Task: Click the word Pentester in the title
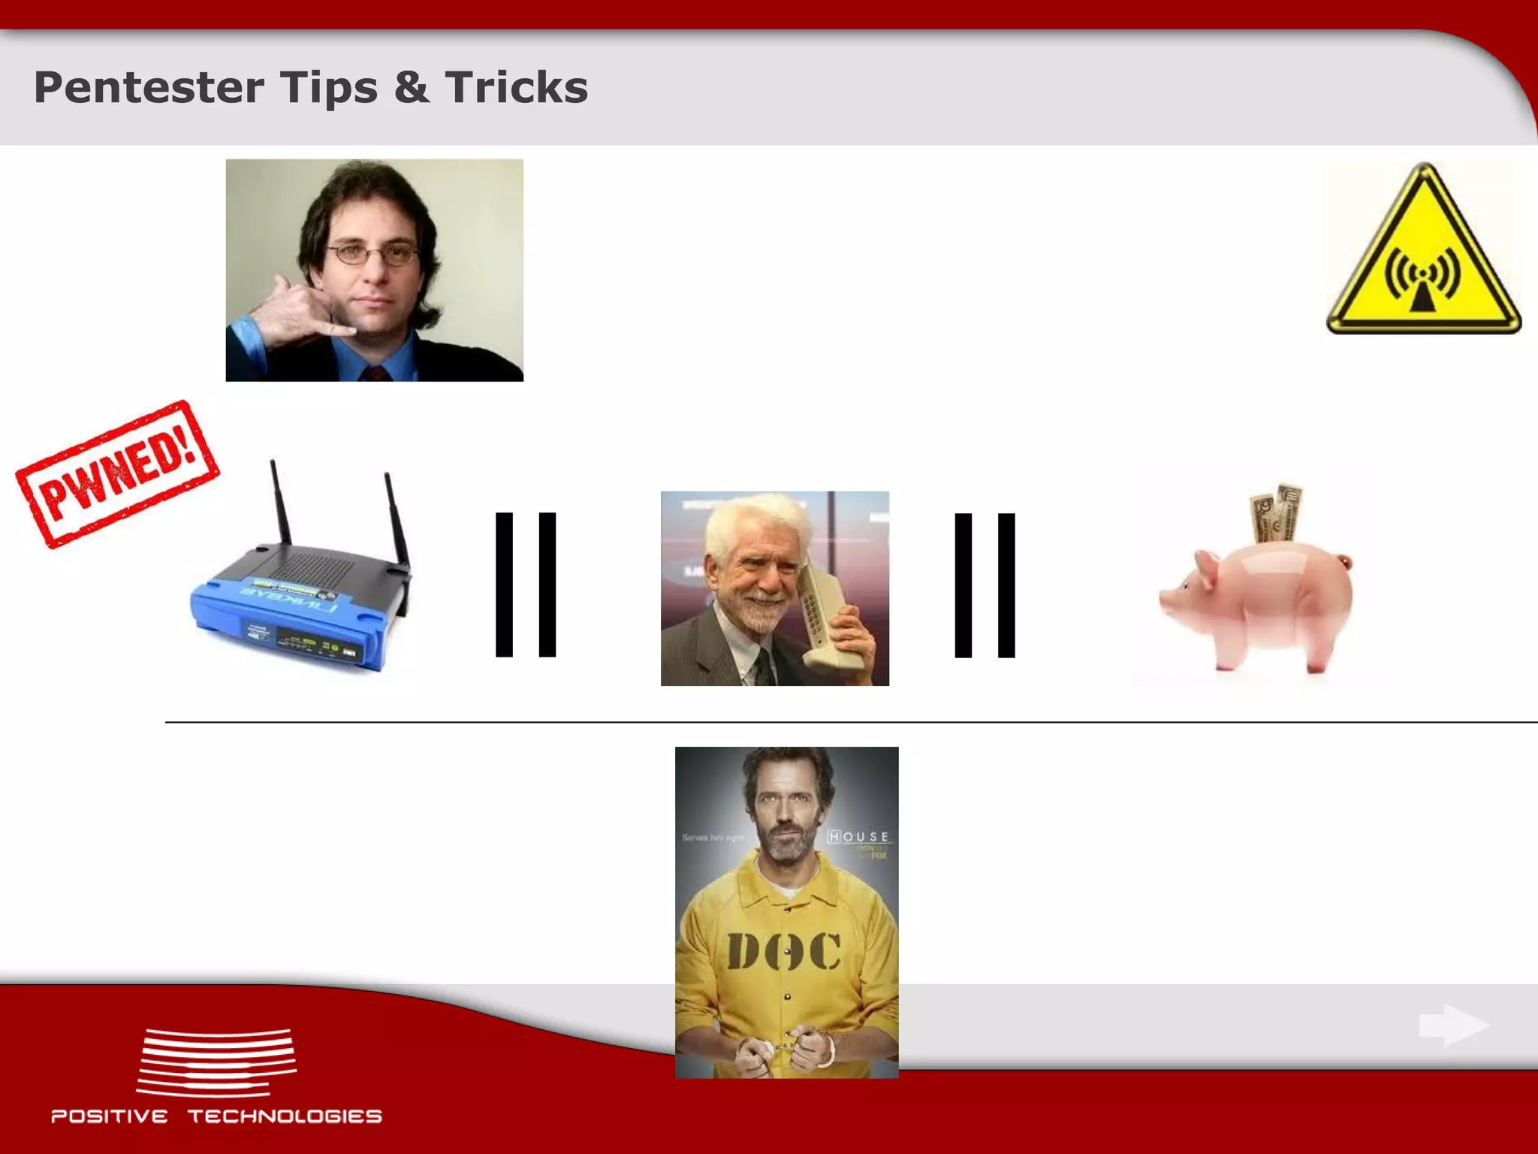pos(149,88)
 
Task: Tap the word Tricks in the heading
pos(516,88)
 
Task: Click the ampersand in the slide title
pos(411,88)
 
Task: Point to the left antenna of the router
pos(281,503)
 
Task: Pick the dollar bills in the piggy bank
pos(1277,512)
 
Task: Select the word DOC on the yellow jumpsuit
pos(783,953)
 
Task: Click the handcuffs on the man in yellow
pos(785,1047)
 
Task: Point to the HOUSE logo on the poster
pos(858,837)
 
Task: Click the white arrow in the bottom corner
pos(1453,1026)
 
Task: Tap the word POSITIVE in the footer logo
pos(110,1116)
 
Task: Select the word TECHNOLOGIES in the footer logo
pos(285,1116)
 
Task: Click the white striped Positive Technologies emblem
pos(216,1062)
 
